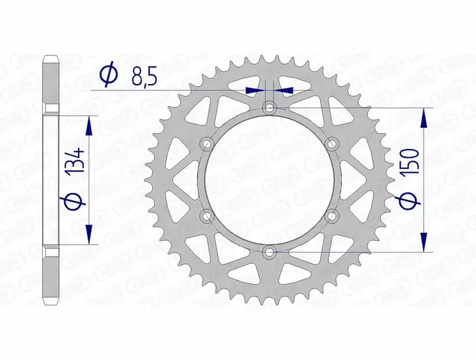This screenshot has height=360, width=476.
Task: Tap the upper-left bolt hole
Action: pos(207,143)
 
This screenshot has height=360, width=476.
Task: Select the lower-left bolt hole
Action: pos(207,214)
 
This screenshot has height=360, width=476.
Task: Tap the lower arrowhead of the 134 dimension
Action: pos(90,236)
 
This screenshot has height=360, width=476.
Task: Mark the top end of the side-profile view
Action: pos(50,57)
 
